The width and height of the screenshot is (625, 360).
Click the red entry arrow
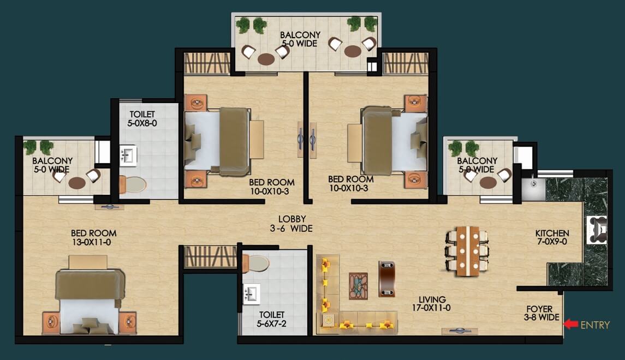(x=571, y=324)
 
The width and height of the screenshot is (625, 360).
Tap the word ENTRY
(x=595, y=325)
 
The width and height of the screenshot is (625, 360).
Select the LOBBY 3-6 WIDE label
(x=292, y=224)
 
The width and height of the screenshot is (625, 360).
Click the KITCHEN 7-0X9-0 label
(x=552, y=237)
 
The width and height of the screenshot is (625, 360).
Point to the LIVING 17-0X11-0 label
(x=432, y=303)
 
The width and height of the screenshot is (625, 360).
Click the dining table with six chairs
(x=467, y=251)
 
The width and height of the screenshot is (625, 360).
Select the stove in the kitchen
(x=597, y=230)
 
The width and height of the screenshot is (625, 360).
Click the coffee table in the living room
(x=358, y=286)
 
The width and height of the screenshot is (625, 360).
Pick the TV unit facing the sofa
(x=386, y=279)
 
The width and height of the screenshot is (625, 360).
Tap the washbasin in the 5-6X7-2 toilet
(x=252, y=294)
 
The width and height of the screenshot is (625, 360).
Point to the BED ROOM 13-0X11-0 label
(x=94, y=238)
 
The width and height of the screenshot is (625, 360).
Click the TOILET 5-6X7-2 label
(x=271, y=320)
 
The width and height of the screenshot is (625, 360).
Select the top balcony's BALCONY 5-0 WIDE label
(x=300, y=39)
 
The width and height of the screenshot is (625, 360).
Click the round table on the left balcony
(x=77, y=183)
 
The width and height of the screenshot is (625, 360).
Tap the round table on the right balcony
(x=488, y=183)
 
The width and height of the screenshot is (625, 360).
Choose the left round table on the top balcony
(x=266, y=59)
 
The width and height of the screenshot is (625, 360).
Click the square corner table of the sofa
(x=329, y=320)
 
